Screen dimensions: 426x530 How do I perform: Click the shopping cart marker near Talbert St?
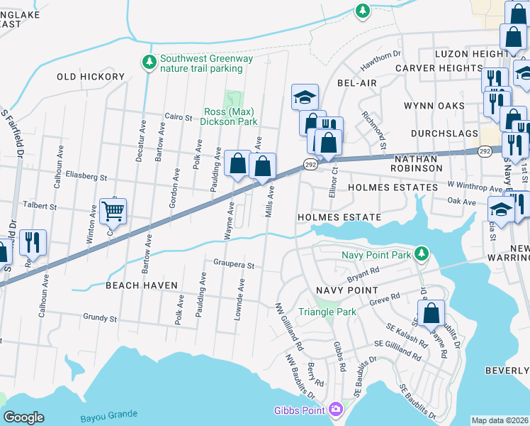(x=113, y=211)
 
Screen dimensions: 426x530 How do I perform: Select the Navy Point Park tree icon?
(x=422, y=253)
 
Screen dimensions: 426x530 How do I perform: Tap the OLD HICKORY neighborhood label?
(x=91, y=77)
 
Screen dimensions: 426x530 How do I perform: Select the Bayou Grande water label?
(x=109, y=415)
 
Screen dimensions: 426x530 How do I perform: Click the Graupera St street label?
(x=234, y=265)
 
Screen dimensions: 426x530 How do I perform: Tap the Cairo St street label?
(x=179, y=116)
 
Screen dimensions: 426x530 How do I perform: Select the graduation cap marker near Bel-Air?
(x=305, y=97)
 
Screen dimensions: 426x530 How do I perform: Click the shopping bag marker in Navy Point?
(x=431, y=313)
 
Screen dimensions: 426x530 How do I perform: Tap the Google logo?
(x=23, y=417)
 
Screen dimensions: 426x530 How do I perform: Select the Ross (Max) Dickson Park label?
(x=230, y=116)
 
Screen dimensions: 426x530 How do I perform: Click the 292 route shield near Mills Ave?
(x=310, y=164)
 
